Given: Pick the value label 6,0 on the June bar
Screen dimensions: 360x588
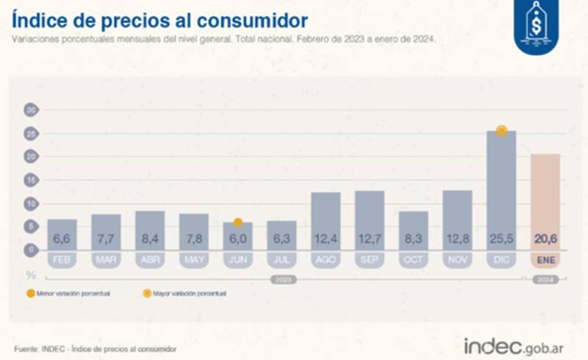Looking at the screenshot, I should click(237, 240).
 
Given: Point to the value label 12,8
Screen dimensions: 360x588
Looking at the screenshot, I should click(457, 240).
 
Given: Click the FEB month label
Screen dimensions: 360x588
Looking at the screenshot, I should click(62, 259).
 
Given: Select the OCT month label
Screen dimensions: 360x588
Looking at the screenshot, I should click(413, 259).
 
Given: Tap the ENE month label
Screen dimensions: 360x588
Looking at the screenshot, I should click(545, 259).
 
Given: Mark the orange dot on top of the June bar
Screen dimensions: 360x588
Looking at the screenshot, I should click(237, 222).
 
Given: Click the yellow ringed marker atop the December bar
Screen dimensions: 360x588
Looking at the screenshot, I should click(501, 131).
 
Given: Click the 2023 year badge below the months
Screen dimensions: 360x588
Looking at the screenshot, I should click(282, 280).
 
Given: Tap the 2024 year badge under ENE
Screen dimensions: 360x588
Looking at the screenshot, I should click(545, 280).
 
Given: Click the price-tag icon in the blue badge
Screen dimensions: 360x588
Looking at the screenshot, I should click(535, 24).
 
